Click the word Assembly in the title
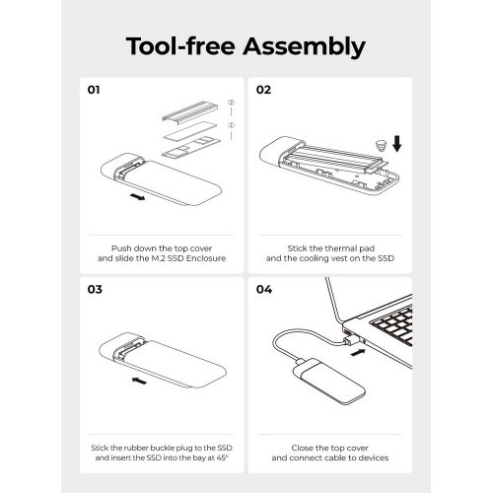click(304, 46)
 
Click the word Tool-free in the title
click(180, 45)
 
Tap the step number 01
click(94, 90)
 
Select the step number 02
click(263, 90)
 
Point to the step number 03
click(95, 289)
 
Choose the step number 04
click(264, 289)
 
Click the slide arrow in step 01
click(137, 196)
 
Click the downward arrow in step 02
click(397, 144)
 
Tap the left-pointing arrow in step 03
click(139, 381)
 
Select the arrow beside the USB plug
click(358, 352)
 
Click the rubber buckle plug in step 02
click(381, 145)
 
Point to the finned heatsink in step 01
click(190, 111)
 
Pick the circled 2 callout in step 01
click(231, 103)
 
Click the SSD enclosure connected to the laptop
click(329, 382)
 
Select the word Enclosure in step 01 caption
click(206, 258)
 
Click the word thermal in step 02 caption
click(328, 248)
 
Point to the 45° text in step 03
click(222, 458)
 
